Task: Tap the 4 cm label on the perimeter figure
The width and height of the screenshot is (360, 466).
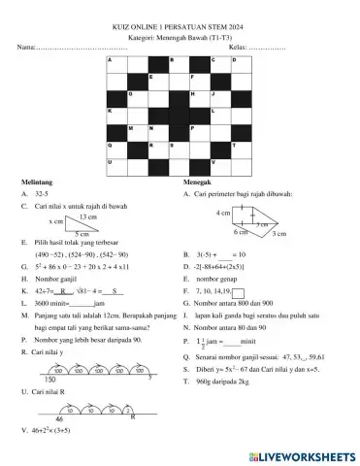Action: point(223,212)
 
